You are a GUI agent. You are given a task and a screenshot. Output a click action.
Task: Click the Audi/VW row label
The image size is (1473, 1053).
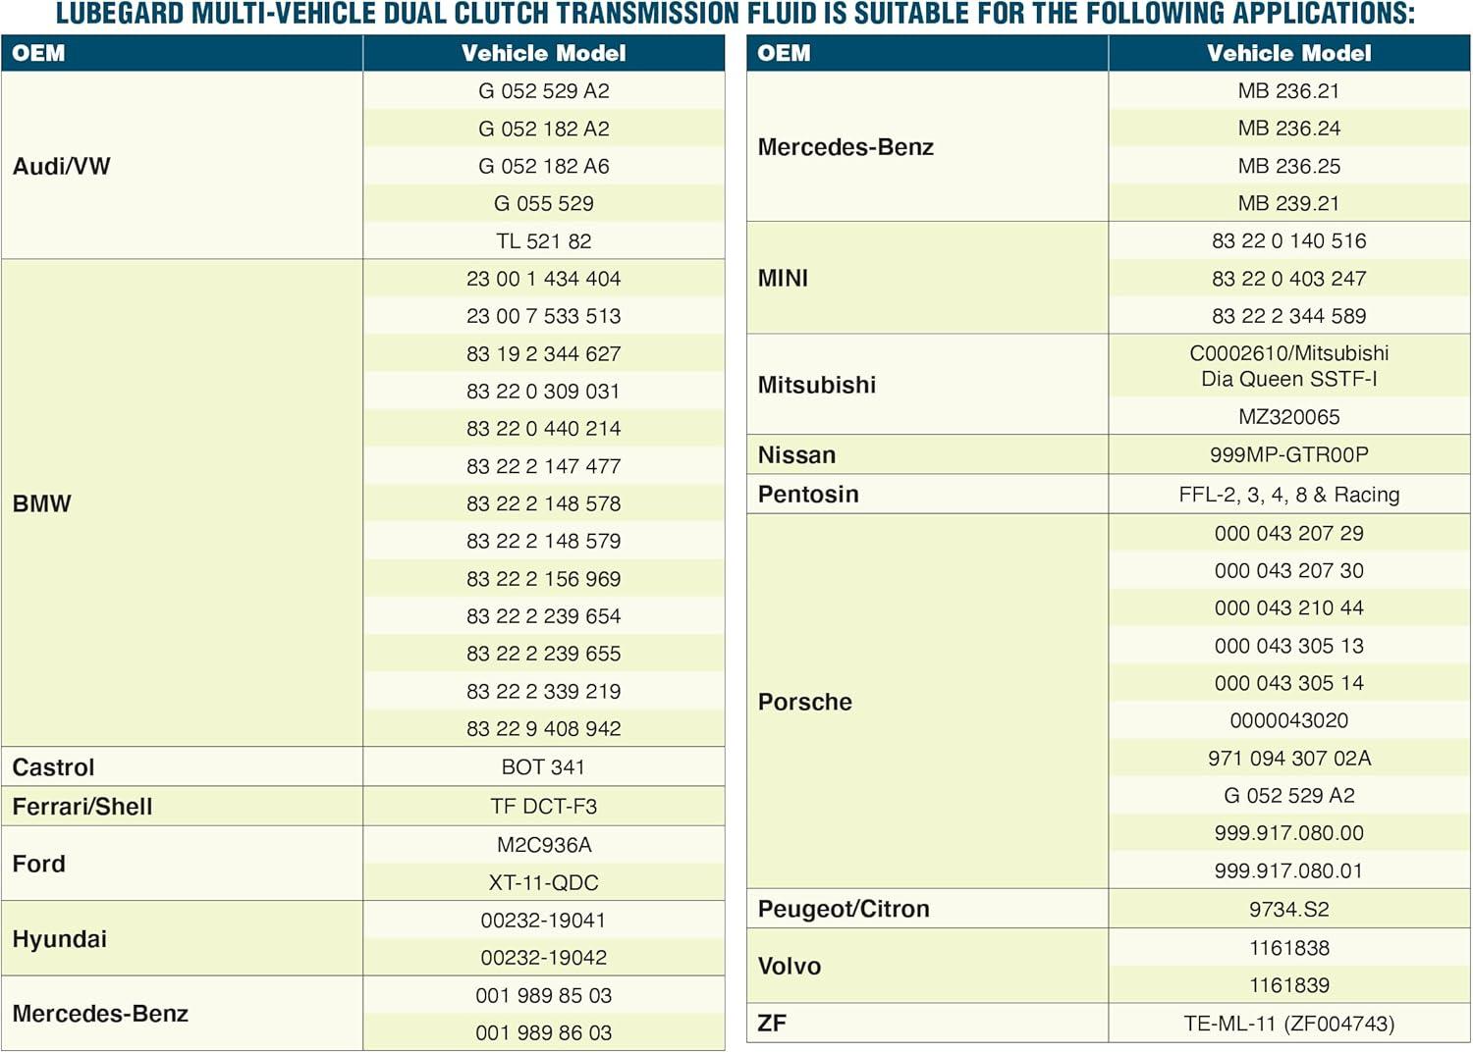pyautogui.click(x=61, y=166)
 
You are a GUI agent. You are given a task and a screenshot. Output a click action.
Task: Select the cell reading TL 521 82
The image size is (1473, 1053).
pyautogui.click(x=543, y=241)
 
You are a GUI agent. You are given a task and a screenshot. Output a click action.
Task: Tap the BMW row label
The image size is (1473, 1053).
pyautogui.click(x=42, y=503)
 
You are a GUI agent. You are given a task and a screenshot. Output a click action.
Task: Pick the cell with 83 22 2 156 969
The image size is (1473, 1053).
pyautogui.click(x=543, y=579)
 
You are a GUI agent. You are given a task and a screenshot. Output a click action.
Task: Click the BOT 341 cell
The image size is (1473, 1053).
pyautogui.click(x=543, y=767)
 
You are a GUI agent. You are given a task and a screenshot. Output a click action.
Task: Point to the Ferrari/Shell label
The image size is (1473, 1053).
pyautogui.click(x=82, y=807)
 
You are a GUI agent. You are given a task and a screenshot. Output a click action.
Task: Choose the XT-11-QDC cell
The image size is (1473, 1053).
pyautogui.click(x=543, y=883)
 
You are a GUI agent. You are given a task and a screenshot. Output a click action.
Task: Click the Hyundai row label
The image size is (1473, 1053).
pyautogui.click(x=59, y=939)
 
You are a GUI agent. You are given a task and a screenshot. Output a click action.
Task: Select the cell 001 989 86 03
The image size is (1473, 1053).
pyautogui.click(x=543, y=1033)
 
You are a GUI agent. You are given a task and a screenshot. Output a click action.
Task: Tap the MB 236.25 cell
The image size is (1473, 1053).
pyautogui.click(x=1288, y=166)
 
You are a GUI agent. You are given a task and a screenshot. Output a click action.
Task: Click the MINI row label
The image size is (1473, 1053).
pyautogui.click(x=783, y=279)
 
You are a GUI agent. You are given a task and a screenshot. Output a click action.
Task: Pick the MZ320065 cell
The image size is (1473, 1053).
pyautogui.click(x=1288, y=417)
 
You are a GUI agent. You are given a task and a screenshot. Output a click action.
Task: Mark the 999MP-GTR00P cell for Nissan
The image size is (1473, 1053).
pyautogui.click(x=1288, y=455)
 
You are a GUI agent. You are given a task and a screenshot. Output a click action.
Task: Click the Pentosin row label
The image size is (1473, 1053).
pyautogui.click(x=808, y=495)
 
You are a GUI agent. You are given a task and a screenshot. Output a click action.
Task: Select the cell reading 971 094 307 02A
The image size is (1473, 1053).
pyautogui.click(x=1288, y=759)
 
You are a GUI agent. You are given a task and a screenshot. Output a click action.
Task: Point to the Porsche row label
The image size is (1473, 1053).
pyautogui.click(x=805, y=702)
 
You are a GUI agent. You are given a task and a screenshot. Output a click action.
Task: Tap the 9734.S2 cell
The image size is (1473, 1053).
pyautogui.click(x=1288, y=910)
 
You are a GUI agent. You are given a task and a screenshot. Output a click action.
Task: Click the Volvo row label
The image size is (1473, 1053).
pyautogui.click(x=790, y=967)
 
